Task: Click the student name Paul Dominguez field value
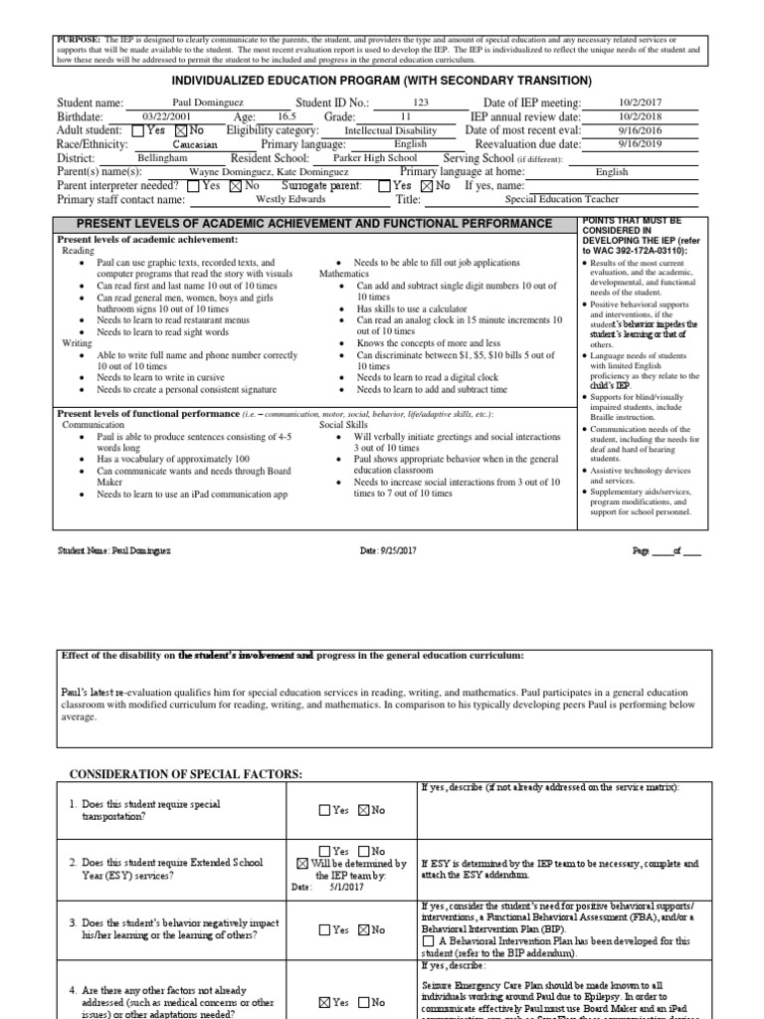207,103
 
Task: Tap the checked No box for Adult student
180,130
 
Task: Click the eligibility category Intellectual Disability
390,130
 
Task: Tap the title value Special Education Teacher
562,199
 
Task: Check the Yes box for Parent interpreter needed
193,185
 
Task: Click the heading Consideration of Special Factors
185,773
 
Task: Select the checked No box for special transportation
363,810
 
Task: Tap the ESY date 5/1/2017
342,888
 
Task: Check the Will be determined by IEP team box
303,864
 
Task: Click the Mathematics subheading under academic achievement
344,273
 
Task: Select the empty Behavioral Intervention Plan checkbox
428,940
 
